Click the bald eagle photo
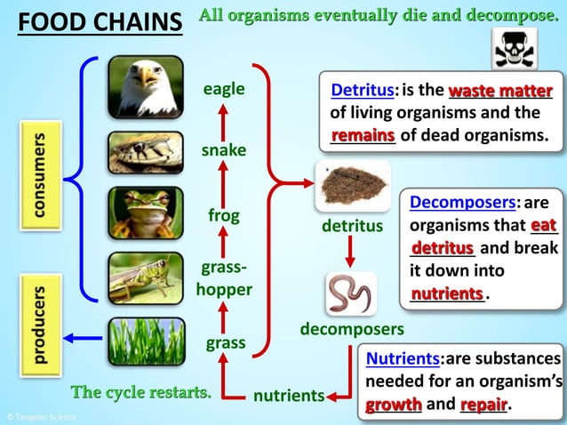click(146, 87)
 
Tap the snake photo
click(146, 152)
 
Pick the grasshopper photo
click(146, 277)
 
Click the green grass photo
click(146, 341)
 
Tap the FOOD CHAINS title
click(100, 21)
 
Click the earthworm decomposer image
click(350, 294)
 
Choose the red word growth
click(393, 405)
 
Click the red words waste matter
click(500, 91)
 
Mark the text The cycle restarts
click(141, 392)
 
